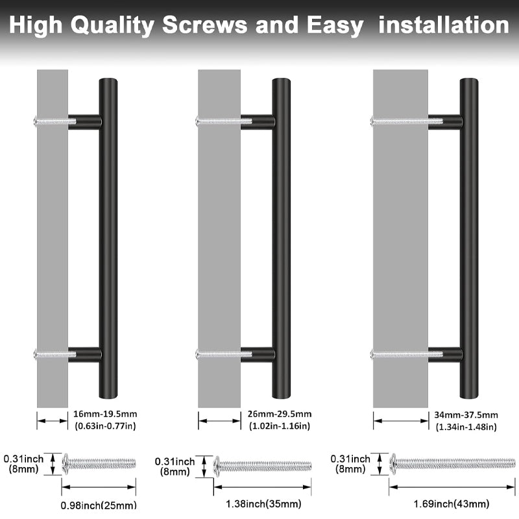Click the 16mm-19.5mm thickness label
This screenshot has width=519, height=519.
tap(105, 414)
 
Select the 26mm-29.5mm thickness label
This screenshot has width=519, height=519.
tap(280, 414)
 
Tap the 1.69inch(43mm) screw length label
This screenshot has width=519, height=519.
tap(451, 503)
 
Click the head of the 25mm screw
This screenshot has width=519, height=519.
tap(66, 463)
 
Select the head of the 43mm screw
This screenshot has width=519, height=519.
tap(392, 463)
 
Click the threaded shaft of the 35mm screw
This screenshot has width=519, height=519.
tap(266, 465)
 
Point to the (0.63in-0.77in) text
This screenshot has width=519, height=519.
tap(105, 426)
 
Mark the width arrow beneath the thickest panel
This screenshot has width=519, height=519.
tap(400, 420)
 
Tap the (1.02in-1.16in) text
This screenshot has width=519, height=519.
tap(280, 426)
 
